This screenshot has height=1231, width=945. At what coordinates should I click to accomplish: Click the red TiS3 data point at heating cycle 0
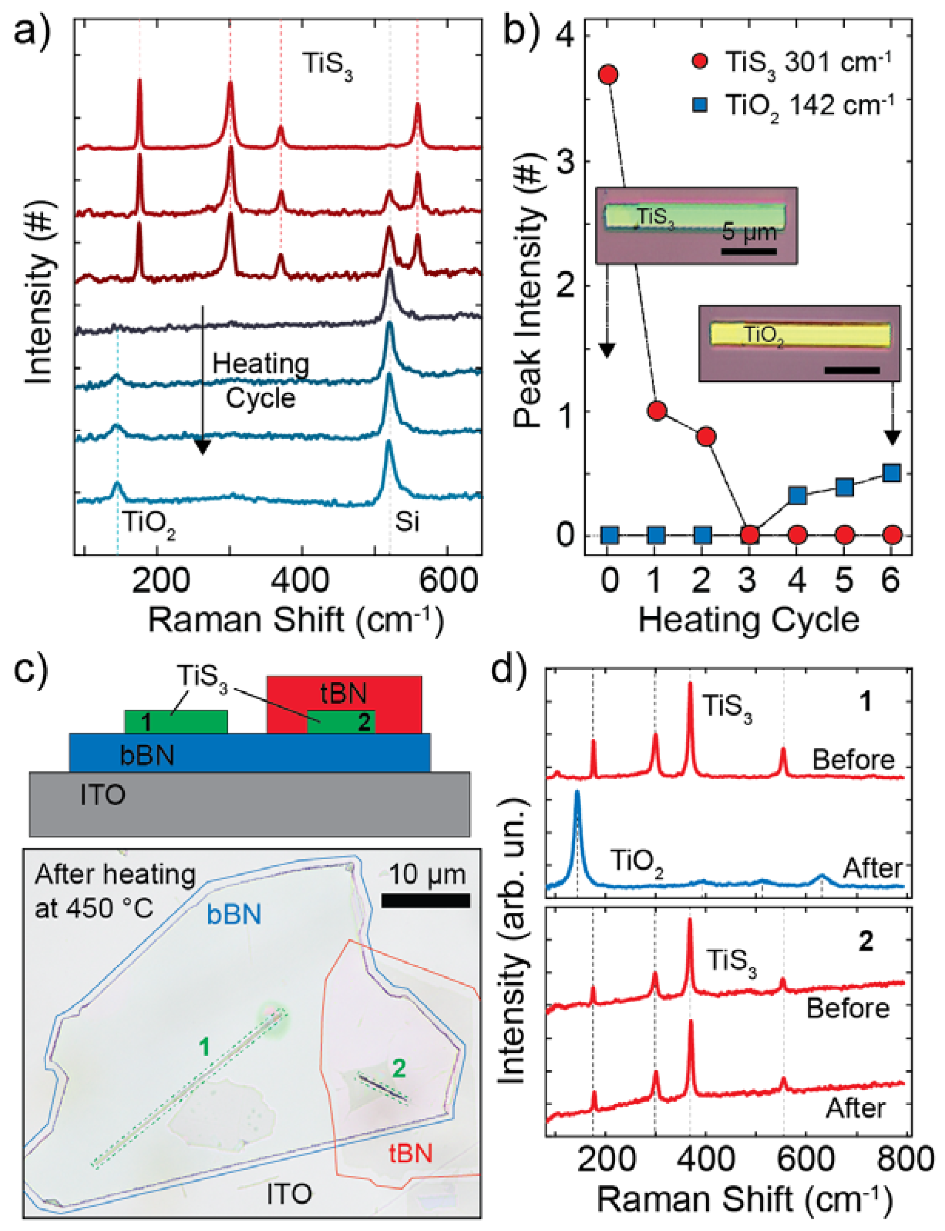pyautogui.click(x=609, y=75)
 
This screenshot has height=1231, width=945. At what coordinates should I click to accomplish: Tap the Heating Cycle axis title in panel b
pyautogui.click(x=749, y=620)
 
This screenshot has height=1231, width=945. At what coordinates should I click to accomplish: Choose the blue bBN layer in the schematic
pyautogui.click(x=250, y=753)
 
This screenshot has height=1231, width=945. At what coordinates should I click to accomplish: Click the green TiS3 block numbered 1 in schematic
pyautogui.click(x=175, y=722)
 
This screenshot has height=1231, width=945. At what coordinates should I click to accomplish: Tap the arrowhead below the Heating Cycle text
pyautogui.click(x=202, y=447)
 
